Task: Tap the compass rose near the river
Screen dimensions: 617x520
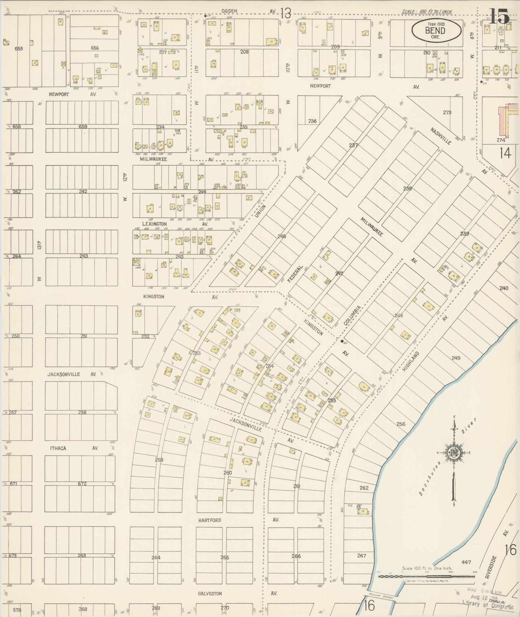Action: tap(454, 453)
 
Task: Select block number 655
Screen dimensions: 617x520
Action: tap(19, 49)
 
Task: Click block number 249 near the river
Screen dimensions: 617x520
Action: tap(456, 358)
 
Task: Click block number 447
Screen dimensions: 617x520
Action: tap(466, 562)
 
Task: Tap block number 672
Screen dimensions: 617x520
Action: tap(82, 483)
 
